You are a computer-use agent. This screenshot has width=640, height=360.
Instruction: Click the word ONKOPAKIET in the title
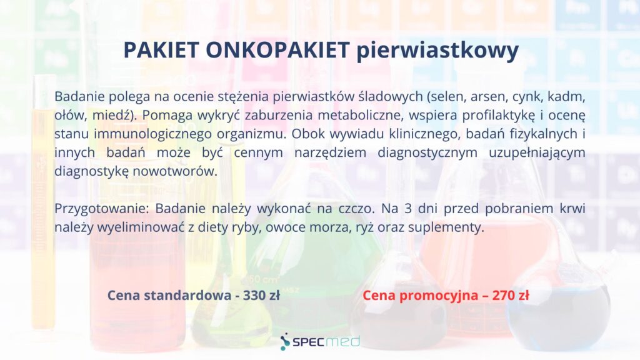[277, 50]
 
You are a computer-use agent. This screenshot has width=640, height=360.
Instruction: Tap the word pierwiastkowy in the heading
[437, 51]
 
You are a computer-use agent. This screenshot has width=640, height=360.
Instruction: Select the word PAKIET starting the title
[161, 50]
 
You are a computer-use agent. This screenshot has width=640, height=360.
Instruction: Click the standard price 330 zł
[261, 295]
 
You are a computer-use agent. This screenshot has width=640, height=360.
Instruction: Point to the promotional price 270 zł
[510, 295]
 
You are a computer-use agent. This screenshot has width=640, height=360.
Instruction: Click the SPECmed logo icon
[285, 342]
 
